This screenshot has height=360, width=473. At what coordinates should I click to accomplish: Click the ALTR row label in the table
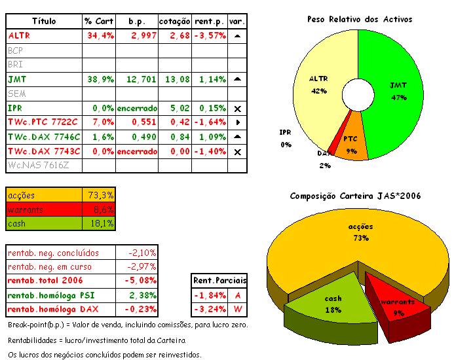19,35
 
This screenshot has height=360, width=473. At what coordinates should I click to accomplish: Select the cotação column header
174,21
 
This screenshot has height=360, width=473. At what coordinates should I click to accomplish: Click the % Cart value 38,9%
100,79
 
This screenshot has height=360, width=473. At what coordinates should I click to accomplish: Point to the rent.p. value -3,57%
210,35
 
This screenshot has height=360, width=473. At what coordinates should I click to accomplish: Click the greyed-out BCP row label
16,50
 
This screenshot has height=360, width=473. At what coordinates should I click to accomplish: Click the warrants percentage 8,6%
101,209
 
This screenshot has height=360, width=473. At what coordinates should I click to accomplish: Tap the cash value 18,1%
101,224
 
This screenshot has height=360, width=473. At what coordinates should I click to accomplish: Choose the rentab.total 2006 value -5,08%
138,281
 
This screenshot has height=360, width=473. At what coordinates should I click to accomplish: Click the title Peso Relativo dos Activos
360,19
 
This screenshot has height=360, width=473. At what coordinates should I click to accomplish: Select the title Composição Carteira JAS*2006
355,196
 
